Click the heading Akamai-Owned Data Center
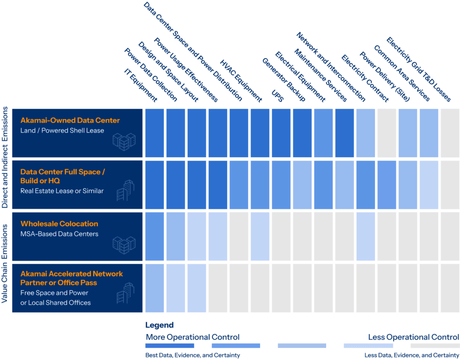click(x=70, y=121)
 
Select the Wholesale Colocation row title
click(x=59, y=224)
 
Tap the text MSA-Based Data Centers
click(x=59, y=234)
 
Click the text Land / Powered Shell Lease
click(x=62, y=131)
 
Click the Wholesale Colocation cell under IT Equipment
click(x=155, y=236)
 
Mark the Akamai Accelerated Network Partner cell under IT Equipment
click(x=155, y=288)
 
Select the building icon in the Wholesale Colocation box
click(x=124, y=245)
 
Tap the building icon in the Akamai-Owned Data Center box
click(x=124, y=141)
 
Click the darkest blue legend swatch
click(x=170, y=346)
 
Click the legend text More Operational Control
click(x=192, y=337)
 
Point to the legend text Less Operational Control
click(x=413, y=337)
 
